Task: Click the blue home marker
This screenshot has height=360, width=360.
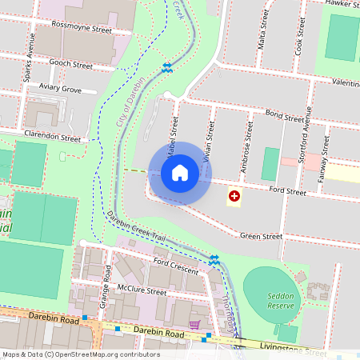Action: click(x=180, y=173)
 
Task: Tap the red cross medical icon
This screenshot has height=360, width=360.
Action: click(x=234, y=195)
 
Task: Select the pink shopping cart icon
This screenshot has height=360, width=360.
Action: click(x=194, y=325)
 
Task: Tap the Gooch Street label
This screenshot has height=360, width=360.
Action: click(x=72, y=64)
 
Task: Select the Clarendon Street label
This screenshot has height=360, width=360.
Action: click(x=53, y=137)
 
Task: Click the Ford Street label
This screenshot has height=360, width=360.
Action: click(x=288, y=191)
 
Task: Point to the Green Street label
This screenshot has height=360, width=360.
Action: click(x=262, y=237)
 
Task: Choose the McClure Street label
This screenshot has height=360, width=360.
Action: click(x=141, y=292)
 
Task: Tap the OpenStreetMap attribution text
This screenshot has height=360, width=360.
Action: click(x=81, y=354)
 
